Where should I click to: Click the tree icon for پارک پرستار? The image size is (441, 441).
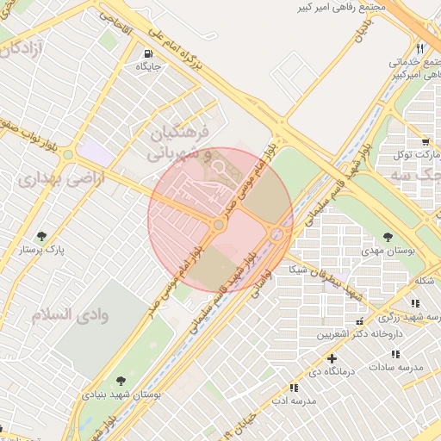click(x=41, y=236)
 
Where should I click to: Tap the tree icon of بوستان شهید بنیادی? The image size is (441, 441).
click(x=120, y=380)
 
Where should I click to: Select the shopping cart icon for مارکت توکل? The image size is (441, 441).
click(x=425, y=142)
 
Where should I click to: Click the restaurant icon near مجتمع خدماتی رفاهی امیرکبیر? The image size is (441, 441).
click(x=420, y=48)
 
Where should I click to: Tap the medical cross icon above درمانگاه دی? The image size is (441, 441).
click(x=332, y=357)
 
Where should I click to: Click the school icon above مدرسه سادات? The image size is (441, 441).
click(x=395, y=354)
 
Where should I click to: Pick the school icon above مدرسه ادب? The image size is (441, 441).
click(x=294, y=388)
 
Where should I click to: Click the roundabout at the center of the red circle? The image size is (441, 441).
click(x=220, y=225)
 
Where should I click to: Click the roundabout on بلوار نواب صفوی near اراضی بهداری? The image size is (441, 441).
click(x=67, y=155)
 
